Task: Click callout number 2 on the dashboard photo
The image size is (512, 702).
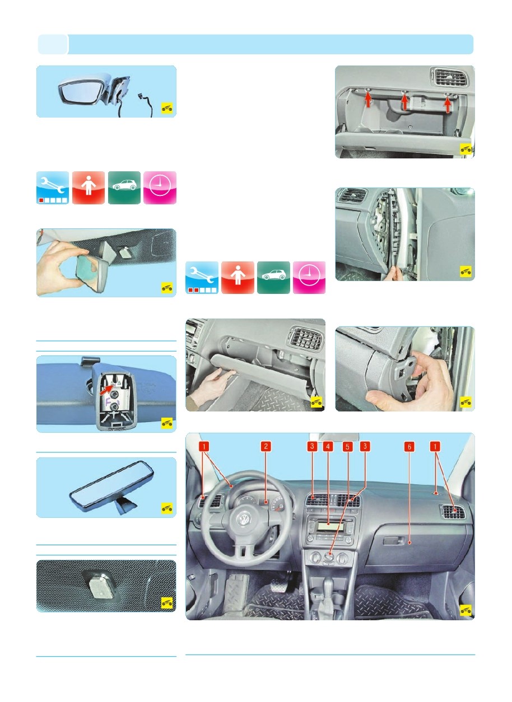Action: click(x=266, y=446)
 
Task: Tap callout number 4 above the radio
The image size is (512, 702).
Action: click(x=328, y=446)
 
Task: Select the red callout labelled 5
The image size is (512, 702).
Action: click(x=347, y=446)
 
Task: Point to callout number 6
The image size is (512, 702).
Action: click(x=409, y=446)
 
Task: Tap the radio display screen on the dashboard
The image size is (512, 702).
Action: click(x=330, y=526)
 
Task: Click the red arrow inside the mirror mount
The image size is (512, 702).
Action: click(x=106, y=389)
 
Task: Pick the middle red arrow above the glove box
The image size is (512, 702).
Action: click(x=405, y=102)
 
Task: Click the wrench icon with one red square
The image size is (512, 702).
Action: click(x=53, y=188)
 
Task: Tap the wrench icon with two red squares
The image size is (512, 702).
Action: click(x=202, y=278)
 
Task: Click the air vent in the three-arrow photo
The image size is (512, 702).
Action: click(x=449, y=77)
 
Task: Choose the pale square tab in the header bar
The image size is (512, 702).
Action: click(x=53, y=44)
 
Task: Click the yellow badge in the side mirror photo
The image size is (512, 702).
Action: click(x=167, y=108)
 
